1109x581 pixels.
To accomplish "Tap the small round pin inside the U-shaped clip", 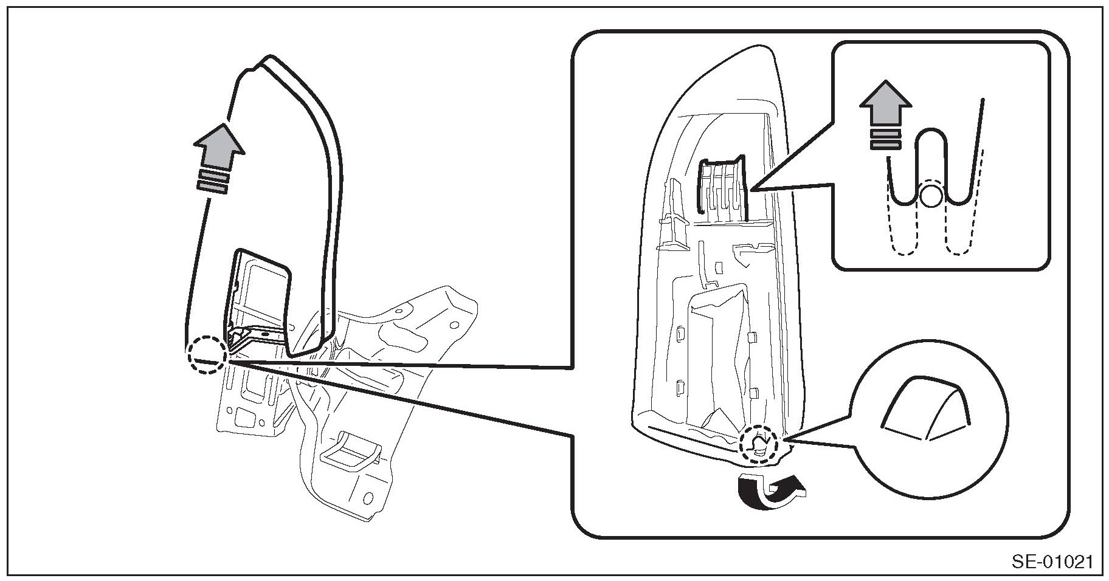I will [x=931, y=196].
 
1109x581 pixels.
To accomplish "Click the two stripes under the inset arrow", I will [x=885, y=139].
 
